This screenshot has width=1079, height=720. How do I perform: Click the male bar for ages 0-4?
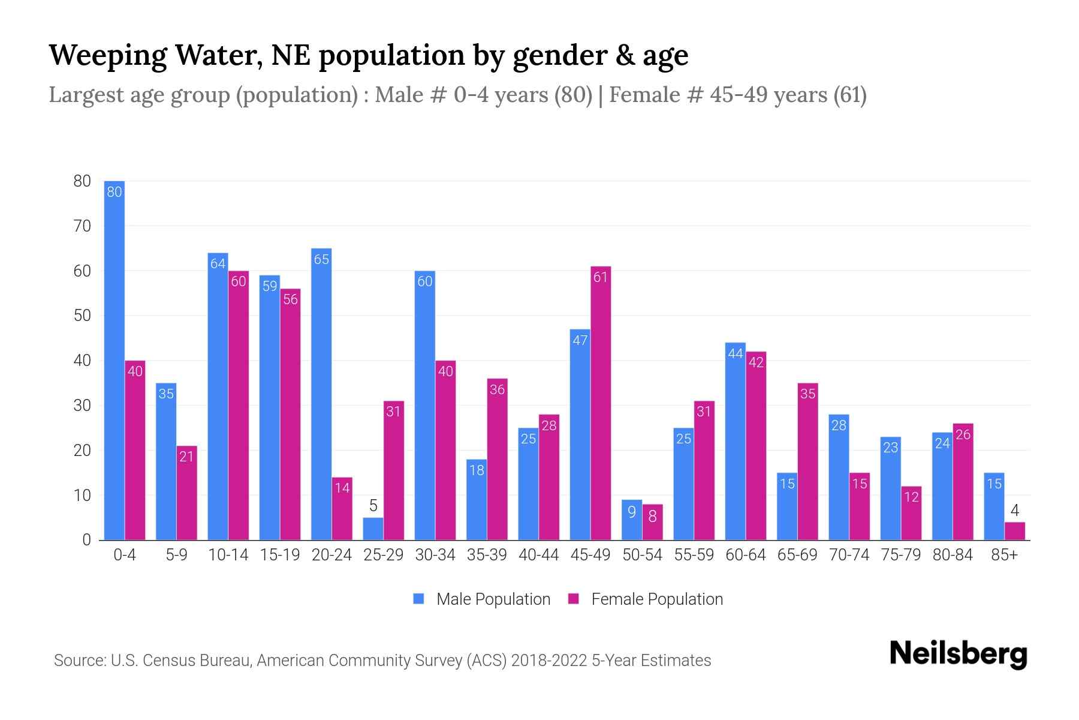point(114,360)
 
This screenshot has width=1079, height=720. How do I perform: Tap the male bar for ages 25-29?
point(373,529)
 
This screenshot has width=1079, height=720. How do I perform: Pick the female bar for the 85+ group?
point(1015,531)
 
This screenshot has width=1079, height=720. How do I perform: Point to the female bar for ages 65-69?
point(807,461)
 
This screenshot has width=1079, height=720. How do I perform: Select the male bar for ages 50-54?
point(632,520)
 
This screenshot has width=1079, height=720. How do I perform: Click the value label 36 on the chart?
point(497,389)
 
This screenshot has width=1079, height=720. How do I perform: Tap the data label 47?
point(580,340)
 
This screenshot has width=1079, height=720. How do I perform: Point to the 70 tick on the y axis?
point(82,226)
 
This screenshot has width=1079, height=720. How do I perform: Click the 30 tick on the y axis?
point(82,406)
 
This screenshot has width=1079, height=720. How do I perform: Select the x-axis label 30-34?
point(435,555)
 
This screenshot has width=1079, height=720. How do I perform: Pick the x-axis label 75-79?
point(900,555)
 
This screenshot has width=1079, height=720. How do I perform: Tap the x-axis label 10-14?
point(228,555)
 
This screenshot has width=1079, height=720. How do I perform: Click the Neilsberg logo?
point(958,654)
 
